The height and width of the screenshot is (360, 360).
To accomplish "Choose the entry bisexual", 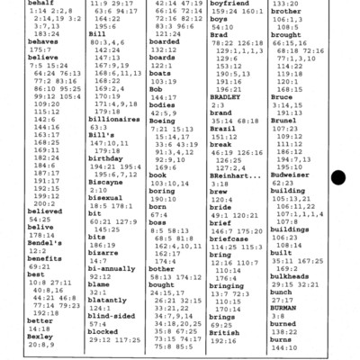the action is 108,198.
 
